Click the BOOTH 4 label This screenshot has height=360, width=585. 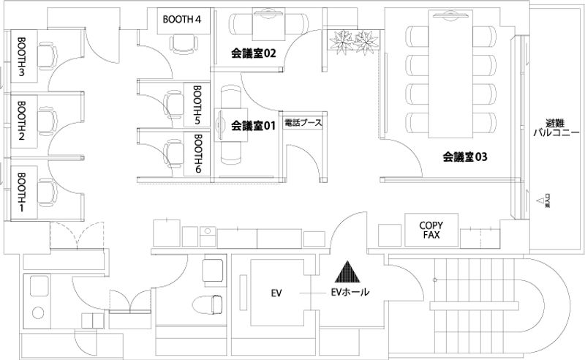182,19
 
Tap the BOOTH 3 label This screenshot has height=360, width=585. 21,56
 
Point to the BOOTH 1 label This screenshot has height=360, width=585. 21,192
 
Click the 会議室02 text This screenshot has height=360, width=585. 253,53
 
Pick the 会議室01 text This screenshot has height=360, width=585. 252,126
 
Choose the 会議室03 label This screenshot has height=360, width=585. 464,156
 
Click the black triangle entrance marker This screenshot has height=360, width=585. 347,273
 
